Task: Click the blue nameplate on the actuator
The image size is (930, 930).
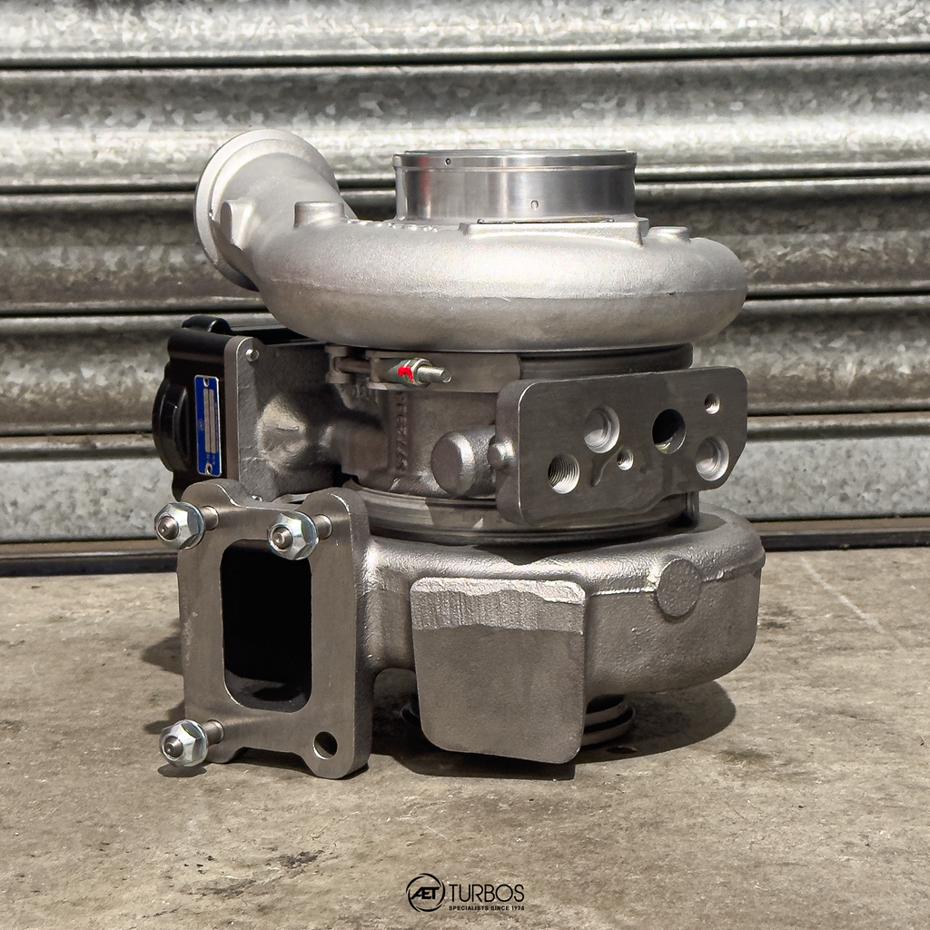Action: point(208,425)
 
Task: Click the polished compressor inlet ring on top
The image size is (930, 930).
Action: point(514,185)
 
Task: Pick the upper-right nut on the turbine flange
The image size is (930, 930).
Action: point(292,535)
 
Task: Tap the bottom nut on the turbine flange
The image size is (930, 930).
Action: point(183,742)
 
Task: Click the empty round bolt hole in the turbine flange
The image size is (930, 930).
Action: point(324,745)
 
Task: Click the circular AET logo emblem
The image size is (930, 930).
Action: point(425,893)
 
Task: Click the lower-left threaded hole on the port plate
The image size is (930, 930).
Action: point(563,473)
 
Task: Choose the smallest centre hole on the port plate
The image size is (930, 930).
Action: point(625,459)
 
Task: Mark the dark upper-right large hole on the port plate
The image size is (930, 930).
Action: point(668,430)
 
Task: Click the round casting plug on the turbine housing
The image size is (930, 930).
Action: point(678,587)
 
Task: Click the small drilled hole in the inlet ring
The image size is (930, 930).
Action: point(533,204)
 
